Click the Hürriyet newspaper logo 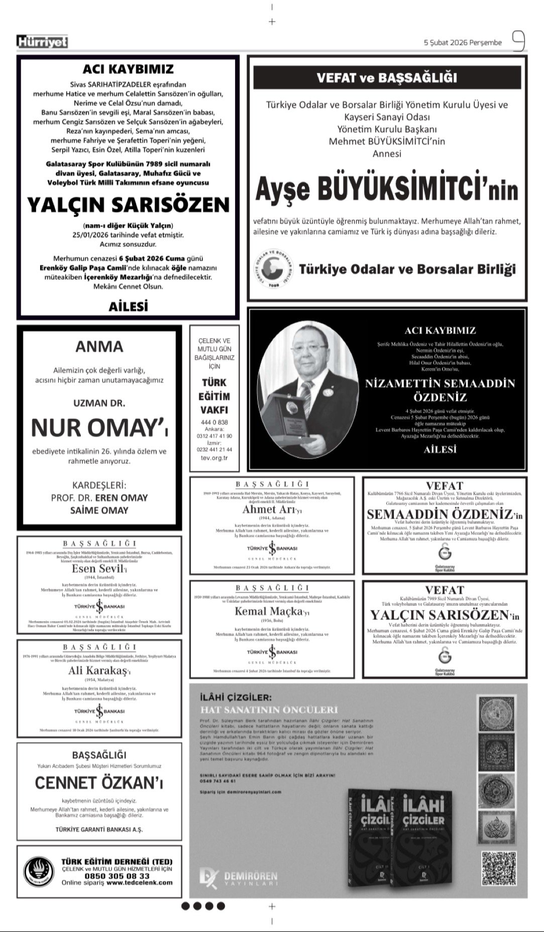[42, 43]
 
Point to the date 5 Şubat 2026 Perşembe [463, 43]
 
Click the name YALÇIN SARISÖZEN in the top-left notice [128, 204]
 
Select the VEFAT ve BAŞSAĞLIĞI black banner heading [387, 78]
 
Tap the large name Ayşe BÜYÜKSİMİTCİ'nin [387, 190]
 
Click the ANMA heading [99, 347]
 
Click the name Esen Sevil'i [99, 569]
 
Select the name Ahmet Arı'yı [272, 509]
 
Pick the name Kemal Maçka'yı [272, 611]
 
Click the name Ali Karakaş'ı [99, 671]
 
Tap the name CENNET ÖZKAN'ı [99, 783]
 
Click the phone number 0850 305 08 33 [116, 876]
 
